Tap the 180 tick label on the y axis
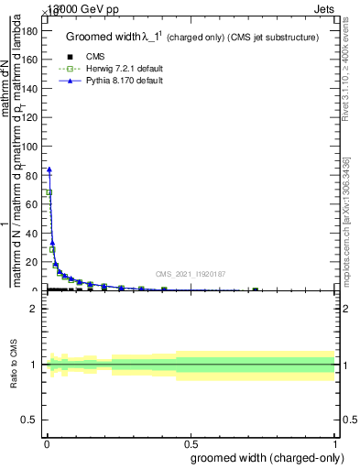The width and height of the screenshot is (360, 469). (27, 30)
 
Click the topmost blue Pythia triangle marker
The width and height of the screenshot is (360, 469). (49, 169)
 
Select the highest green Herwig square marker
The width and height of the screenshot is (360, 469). (49, 192)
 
